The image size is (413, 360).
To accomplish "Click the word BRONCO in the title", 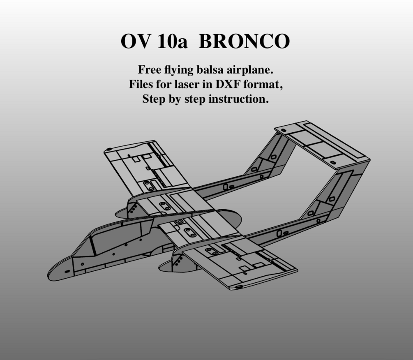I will (x=244, y=42).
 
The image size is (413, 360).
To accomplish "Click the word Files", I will (x=143, y=85).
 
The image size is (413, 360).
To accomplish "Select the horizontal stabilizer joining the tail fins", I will (x=322, y=142).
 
